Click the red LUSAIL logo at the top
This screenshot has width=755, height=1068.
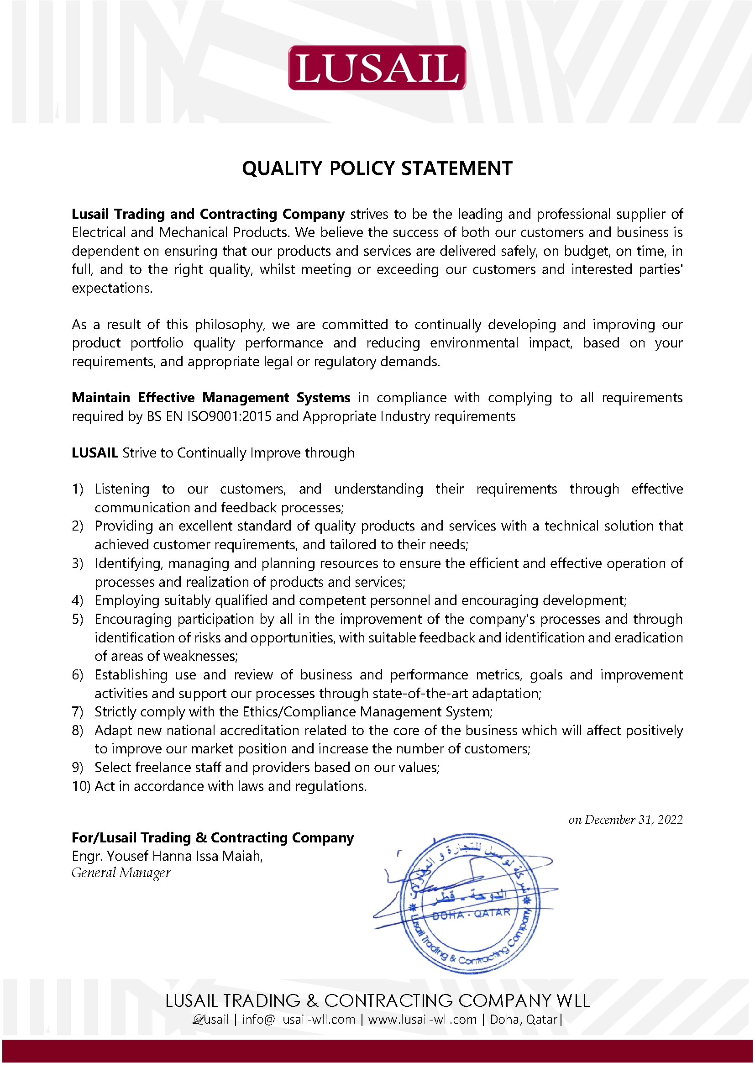pos(377,68)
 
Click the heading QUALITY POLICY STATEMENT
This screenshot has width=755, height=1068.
pos(377,168)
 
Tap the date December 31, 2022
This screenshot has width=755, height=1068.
pos(634,820)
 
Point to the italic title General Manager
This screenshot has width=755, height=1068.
pos(121,873)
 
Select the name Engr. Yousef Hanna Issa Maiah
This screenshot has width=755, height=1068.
pos(167,856)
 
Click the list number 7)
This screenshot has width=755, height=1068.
pos(77,712)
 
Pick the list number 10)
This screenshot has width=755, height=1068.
pos(81,786)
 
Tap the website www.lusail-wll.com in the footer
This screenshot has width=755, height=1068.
pos(422,1020)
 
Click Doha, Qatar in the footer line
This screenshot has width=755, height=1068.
pos(524,1020)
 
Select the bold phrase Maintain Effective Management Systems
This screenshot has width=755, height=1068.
pos(210,398)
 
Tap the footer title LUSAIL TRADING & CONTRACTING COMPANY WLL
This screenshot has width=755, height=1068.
pos(377,1000)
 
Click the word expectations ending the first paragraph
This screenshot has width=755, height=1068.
pos(111,289)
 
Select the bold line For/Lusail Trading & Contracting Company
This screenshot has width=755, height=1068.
pos(212,838)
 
